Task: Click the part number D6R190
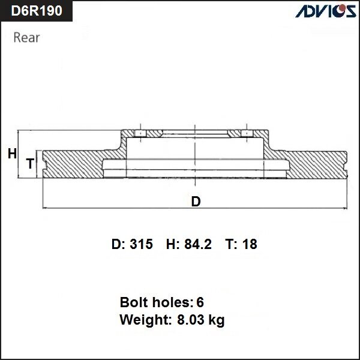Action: point(37,11)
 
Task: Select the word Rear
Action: point(26,38)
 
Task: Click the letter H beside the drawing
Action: point(12,154)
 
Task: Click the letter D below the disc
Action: point(196,202)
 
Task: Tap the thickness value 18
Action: point(250,244)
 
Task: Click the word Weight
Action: point(144,320)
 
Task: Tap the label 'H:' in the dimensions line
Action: point(173,244)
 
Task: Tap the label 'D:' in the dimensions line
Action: point(118,244)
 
